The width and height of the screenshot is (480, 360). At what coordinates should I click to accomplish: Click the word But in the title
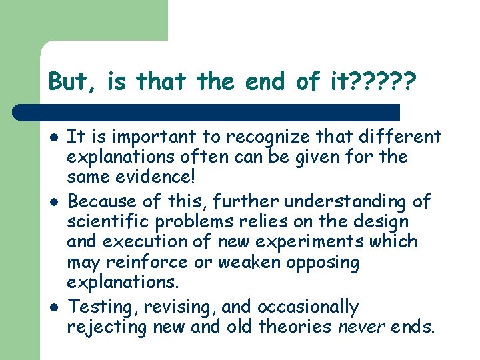pyautogui.click(x=65, y=82)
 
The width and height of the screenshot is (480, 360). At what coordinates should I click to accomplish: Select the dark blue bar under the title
pyautogui.click(x=207, y=113)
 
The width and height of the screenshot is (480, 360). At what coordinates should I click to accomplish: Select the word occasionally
pyautogui.click(x=309, y=307)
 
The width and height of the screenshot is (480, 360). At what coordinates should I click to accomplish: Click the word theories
pyautogui.click(x=295, y=327)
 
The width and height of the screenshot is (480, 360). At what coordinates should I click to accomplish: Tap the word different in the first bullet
pyautogui.click(x=399, y=137)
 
